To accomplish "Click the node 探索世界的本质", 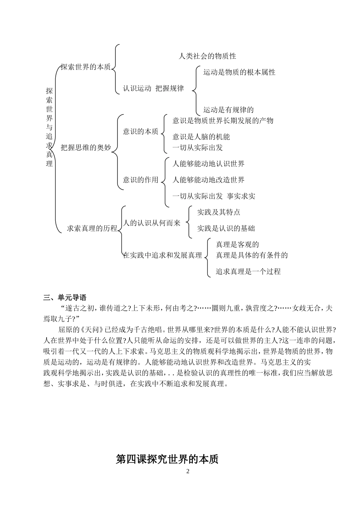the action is (86, 67).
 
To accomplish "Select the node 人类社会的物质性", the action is (207, 56).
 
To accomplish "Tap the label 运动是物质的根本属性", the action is (239, 72).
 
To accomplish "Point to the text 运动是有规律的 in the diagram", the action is (228, 110).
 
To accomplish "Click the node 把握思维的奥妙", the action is (86, 148).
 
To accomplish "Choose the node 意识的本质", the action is (141, 132).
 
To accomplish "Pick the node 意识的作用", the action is (141, 180).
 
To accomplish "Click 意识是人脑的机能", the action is (201, 137).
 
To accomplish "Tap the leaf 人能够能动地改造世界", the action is (208, 180).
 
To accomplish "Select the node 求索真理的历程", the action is (92, 228).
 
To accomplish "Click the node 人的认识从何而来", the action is (152, 223).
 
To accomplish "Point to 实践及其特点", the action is (219, 212).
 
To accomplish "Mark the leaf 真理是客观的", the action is (237, 245).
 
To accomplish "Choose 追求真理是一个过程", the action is (248, 272).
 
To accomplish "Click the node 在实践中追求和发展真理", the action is (163, 255).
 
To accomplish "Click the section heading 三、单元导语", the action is (65, 297).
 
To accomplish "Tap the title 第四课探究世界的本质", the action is (167, 459).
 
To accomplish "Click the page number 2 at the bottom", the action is (188, 471).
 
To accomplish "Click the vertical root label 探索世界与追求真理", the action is (49, 127).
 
